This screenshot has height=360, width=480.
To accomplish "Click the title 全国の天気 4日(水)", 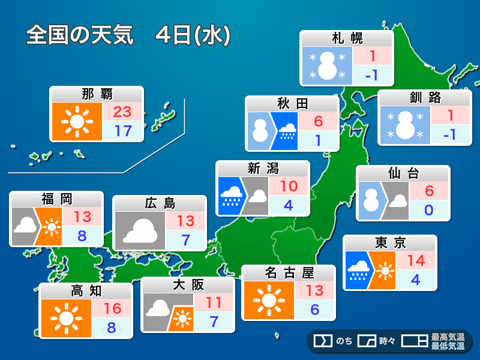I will [x=128, y=35].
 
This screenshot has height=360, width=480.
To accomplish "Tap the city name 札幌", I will [x=347, y=39].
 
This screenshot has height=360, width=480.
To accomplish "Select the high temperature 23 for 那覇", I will [x=122, y=112].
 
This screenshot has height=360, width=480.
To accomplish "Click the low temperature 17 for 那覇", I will [x=122, y=131].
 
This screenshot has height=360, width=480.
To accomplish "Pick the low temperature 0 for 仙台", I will [x=428, y=210].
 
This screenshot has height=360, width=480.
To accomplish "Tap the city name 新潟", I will [x=263, y=169].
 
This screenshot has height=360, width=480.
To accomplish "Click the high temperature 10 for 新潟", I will [x=288, y=186].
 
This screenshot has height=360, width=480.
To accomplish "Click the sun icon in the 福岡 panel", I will [x=52, y=228].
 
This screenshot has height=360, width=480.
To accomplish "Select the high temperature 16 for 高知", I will [x=112, y=308].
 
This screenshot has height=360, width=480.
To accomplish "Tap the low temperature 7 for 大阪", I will [x=213, y=321].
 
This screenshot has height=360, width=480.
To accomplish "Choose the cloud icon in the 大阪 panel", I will [x=157, y=308].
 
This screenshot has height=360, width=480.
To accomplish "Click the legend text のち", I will [x=344, y=341].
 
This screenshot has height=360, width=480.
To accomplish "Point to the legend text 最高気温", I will [x=448, y=337].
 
